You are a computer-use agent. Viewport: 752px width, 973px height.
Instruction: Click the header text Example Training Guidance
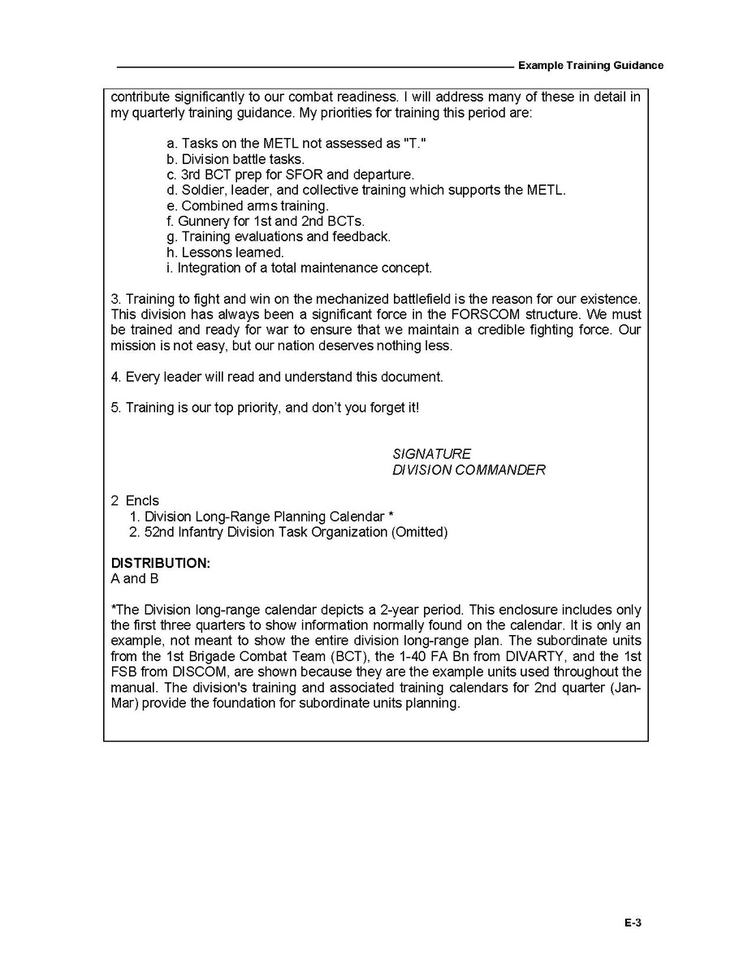(590, 65)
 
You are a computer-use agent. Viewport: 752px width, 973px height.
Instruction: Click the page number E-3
(633, 922)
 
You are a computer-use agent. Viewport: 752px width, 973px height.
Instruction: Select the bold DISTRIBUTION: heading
(161, 564)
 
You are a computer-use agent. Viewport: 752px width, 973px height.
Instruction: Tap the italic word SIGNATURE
(431, 454)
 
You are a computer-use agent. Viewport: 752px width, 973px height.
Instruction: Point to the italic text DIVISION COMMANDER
(469, 470)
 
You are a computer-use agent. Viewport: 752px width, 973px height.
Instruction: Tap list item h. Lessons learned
(225, 253)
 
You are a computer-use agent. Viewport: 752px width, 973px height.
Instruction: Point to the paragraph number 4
(115, 377)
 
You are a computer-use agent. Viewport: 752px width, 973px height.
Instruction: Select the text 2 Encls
(135, 501)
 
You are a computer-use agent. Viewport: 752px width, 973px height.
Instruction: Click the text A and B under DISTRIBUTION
(135, 579)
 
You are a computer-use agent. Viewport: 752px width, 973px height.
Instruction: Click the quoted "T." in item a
(415, 144)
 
